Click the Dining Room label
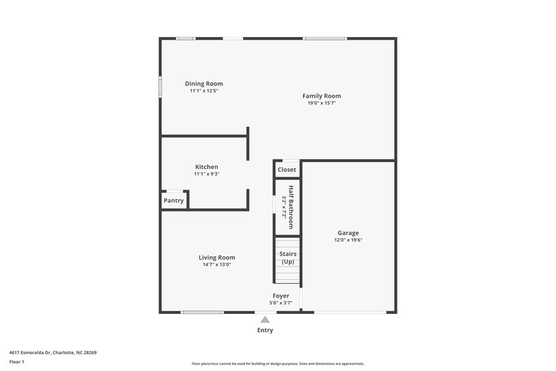204,84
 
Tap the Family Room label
321,96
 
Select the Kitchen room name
206,167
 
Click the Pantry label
174,200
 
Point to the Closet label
286,170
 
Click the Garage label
348,233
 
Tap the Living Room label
217,257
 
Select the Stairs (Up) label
287,258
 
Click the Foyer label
281,296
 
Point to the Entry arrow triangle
264,319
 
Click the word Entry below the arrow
265,330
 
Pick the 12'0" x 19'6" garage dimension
348,240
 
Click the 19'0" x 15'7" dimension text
321,103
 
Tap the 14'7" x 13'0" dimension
217,265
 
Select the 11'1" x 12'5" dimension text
204,90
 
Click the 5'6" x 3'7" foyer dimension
281,303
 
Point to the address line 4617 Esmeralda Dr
53,353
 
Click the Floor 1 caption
17,363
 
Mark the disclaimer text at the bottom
277,363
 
